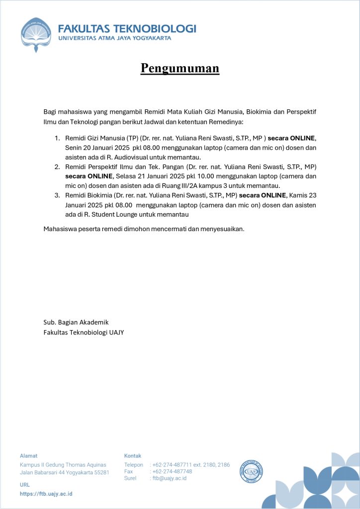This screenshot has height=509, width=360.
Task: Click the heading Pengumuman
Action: [180, 68]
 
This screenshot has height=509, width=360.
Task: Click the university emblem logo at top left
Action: [36, 34]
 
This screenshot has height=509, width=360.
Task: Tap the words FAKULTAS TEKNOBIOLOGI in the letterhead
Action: [127, 28]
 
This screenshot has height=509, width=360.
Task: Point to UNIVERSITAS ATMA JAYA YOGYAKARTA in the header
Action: [115, 38]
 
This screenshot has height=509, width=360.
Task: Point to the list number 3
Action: [57, 195]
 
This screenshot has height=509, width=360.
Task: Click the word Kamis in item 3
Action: [298, 195]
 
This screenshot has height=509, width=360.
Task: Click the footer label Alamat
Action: [28, 455]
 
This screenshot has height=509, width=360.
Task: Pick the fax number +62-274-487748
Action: [172, 471]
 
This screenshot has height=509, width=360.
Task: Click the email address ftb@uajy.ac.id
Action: [170, 478]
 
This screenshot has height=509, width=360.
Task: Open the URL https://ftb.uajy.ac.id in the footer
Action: [46, 494]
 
